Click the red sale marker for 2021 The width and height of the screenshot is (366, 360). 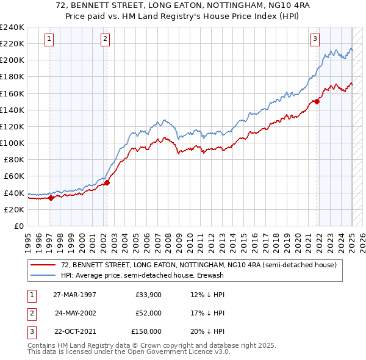(x=317, y=102)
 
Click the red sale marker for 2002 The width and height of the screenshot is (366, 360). (x=107, y=182)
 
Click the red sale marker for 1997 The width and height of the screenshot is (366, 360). (x=51, y=197)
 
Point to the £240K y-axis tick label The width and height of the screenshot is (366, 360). (x=12, y=27)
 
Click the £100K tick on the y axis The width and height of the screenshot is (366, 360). (x=12, y=143)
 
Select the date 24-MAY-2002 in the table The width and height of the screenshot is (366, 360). (x=76, y=312)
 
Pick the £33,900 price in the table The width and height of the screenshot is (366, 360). (x=149, y=294)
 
